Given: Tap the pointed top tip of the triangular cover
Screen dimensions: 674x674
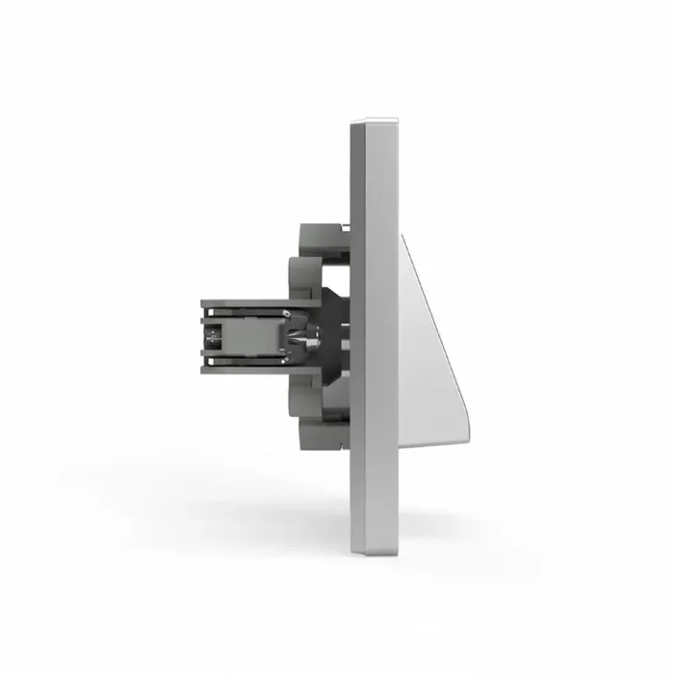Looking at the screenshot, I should (x=402, y=235).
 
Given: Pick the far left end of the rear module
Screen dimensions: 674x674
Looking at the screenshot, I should (x=203, y=336).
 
